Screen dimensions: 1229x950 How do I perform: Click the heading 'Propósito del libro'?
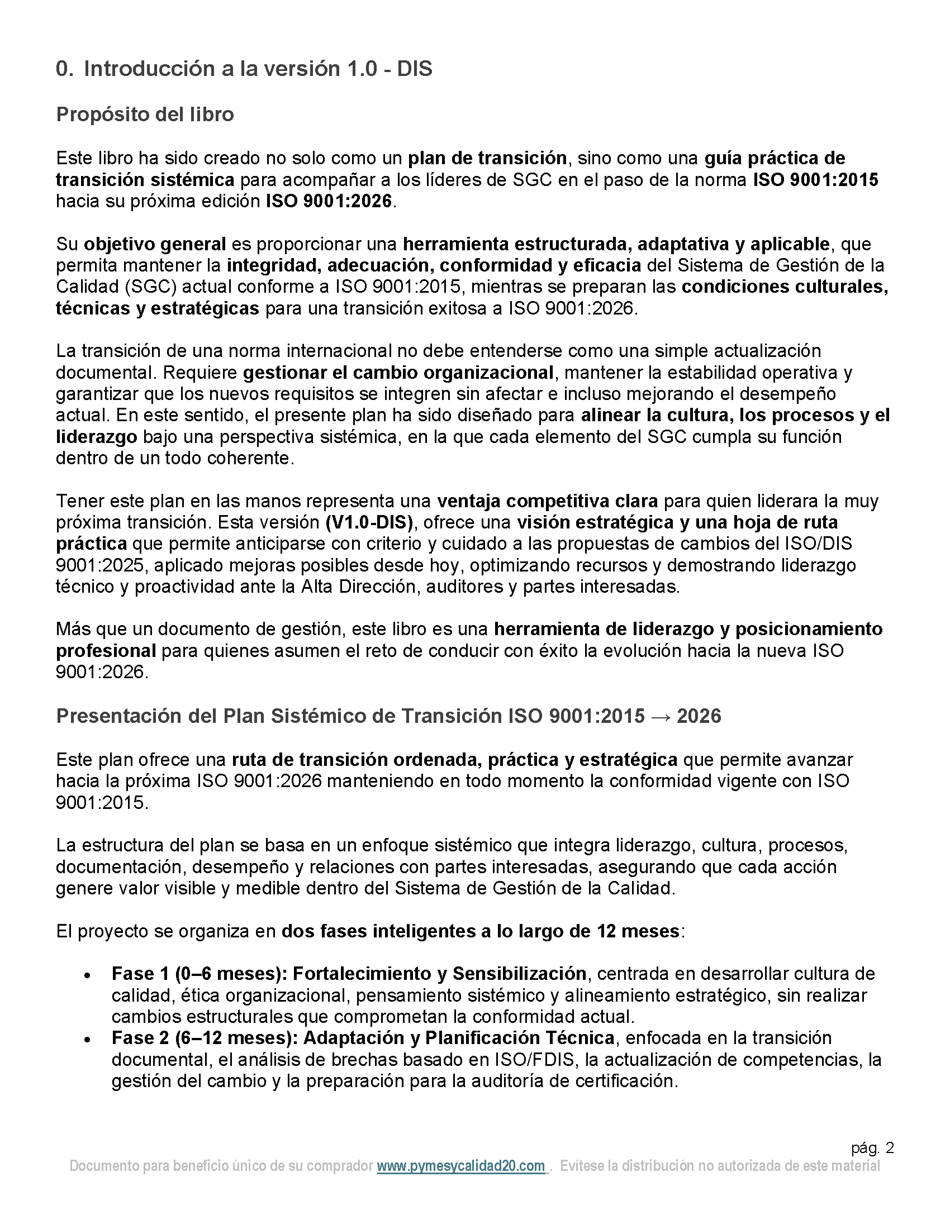click(x=145, y=114)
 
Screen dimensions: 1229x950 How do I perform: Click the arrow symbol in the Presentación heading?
click(x=660, y=716)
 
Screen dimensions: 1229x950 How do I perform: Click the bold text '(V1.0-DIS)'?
click(x=369, y=522)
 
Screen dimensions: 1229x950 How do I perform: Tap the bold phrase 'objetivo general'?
click(x=155, y=244)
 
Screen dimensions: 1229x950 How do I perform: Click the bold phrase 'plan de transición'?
click(x=487, y=158)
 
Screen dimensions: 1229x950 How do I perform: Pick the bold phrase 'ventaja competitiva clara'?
click(x=548, y=501)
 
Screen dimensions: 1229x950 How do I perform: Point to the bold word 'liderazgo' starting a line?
click(x=96, y=437)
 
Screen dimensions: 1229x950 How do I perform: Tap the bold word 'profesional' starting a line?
click(x=106, y=650)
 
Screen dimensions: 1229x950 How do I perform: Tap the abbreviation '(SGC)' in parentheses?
click(x=151, y=287)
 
